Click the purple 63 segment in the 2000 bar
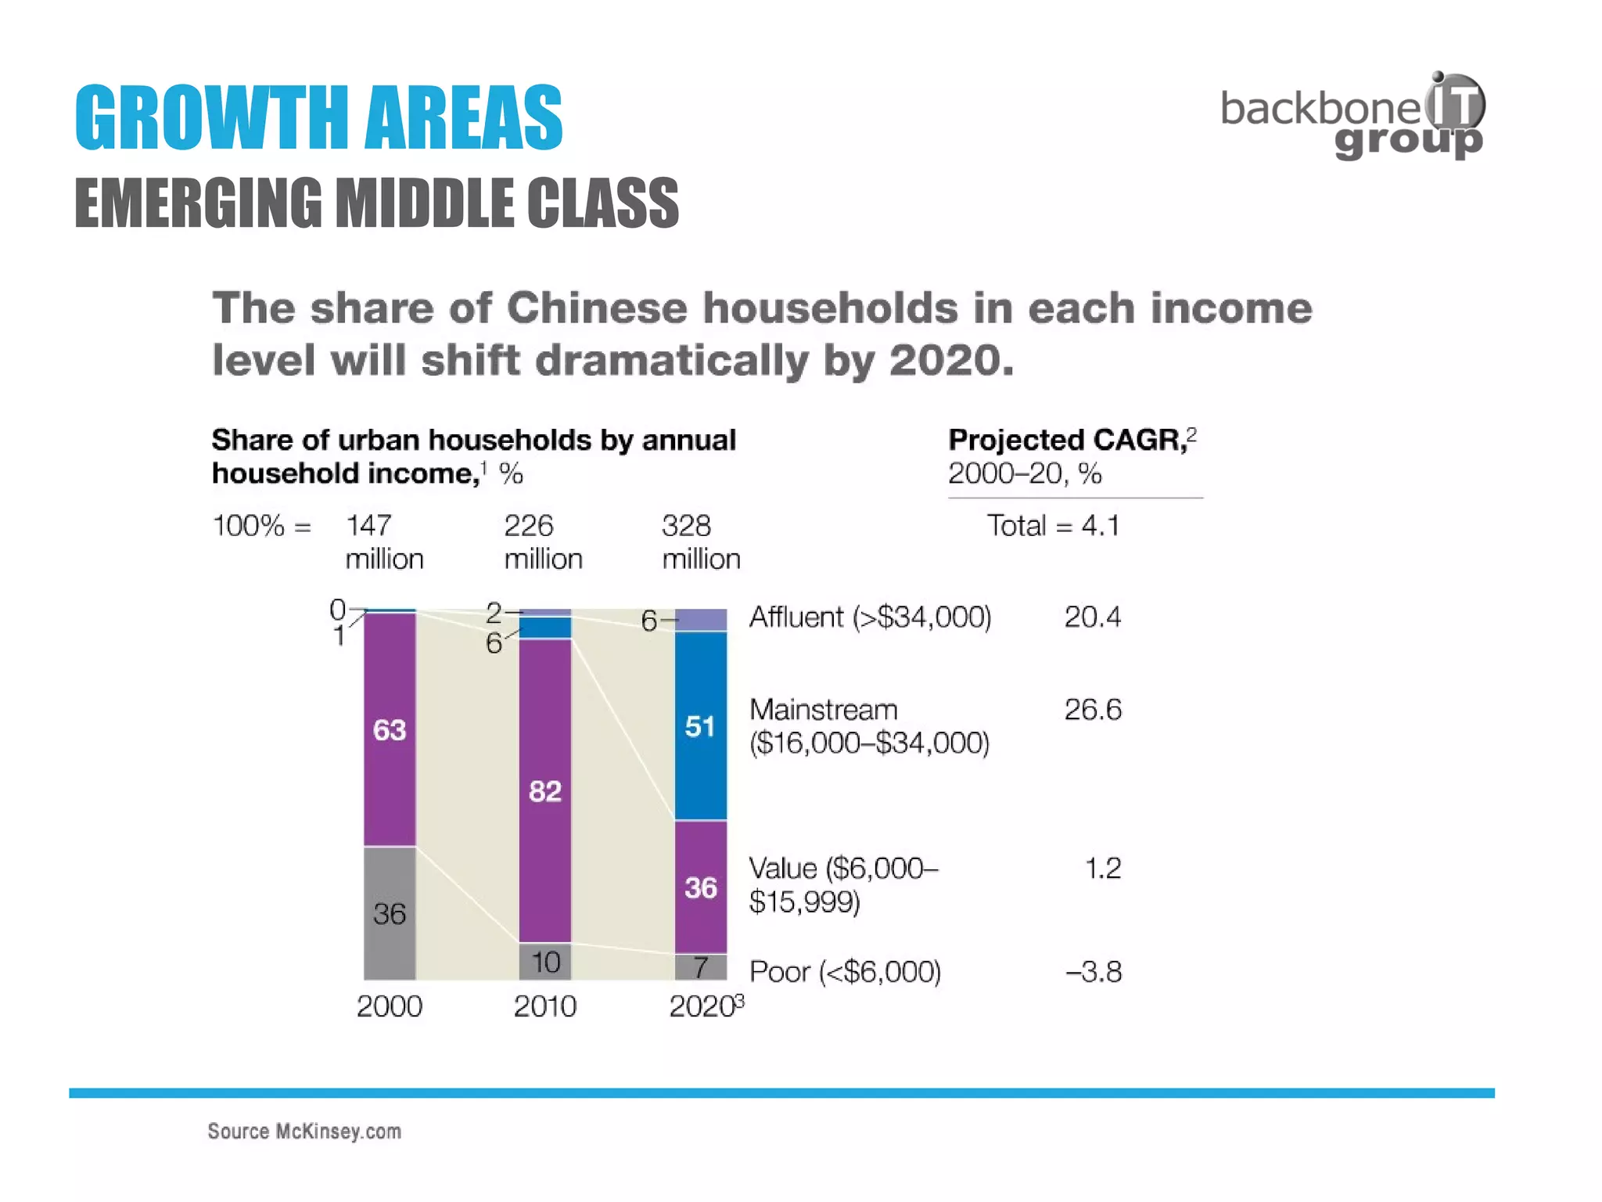[x=390, y=729]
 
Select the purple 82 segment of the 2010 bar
[x=545, y=790]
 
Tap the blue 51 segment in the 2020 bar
[x=700, y=726]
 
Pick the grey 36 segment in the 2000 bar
[x=390, y=913]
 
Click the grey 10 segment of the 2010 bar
[x=545, y=962]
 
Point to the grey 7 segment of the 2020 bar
[x=700, y=967]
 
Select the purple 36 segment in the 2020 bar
[x=700, y=887]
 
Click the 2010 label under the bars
[x=545, y=1006]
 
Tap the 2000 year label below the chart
[x=390, y=1006]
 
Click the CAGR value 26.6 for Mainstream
[x=1092, y=710]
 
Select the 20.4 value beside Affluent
[x=1092, y=617]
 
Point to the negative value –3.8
[x=1094, y=972]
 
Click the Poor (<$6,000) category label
[x=845, y=972]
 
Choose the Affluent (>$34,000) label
[x=870, y=617]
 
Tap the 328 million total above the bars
[x=700, y=542]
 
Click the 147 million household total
[x=384, y=542]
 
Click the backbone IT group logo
[x=1353, y=116]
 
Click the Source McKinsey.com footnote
[x=304, y=1132]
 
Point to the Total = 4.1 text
[x=1053, y=525]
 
